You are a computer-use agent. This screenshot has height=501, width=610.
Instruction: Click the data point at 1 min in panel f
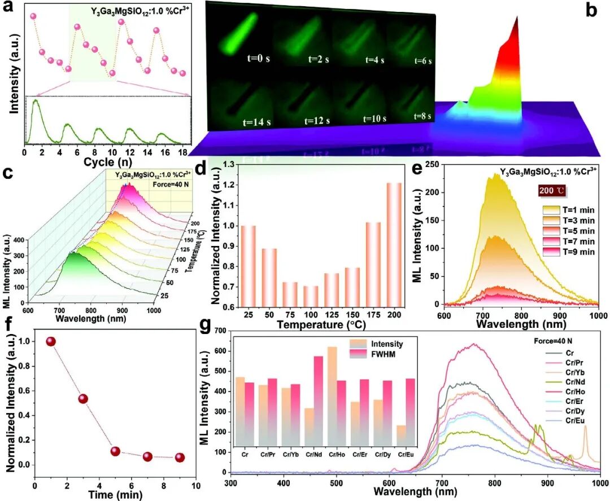(x=51, y=341)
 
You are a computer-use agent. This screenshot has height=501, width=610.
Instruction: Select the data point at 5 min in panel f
(x=115, y=451)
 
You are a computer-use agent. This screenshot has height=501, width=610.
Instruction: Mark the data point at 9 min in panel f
(x=180, y=458)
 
